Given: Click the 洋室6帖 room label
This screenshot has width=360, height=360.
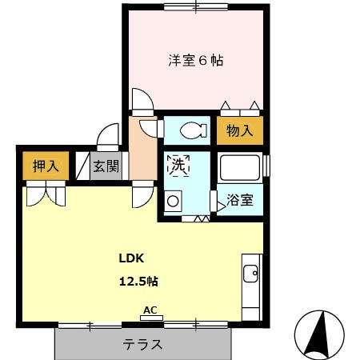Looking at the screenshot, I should [x=196, y=59].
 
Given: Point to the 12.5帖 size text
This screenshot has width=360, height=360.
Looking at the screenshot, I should [x=138, y=281].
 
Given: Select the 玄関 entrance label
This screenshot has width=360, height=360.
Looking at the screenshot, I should [x=105, y=166].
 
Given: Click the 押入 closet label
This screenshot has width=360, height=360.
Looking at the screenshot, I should [x=46, y=166].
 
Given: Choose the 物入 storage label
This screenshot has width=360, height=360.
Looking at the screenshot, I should [x=239, y=130].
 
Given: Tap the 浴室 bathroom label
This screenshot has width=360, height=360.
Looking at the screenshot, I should [x=240, y=199].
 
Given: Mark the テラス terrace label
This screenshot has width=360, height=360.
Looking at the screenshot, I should [x=143, y=345].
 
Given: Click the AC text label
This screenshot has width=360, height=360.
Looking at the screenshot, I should [x=149, y=310].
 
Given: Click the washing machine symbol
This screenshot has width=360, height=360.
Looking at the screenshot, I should [x=174, y=202].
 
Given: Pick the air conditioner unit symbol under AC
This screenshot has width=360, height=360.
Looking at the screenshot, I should [x=149, y=318].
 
